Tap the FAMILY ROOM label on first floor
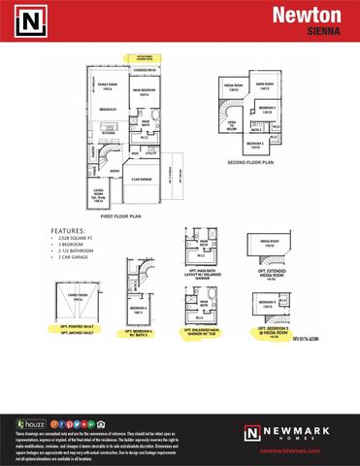coord(108,87)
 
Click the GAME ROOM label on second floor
coord(262,84)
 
